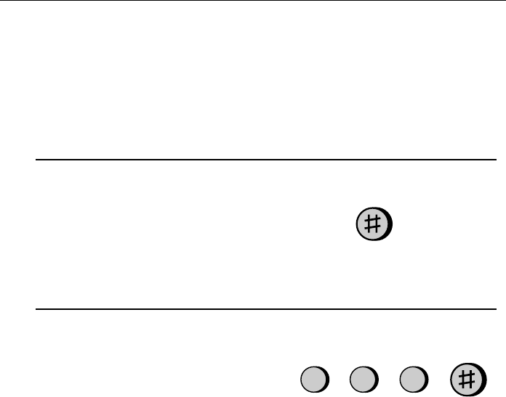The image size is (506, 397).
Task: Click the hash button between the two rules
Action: [x=374, y=224]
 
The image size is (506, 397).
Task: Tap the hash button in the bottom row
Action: [x=468, y=380]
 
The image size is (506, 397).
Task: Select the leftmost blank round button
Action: [x=315, y=380]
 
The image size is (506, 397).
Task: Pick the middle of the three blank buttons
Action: [x=364, y=380]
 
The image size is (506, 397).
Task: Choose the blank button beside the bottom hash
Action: [x=414, y=380]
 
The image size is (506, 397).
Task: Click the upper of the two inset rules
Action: [x=266, y=160]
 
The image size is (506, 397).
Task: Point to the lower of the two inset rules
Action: [x=266, y=309]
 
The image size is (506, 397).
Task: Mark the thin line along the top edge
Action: [x=253, y=0]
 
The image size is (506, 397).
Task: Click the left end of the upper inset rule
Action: [x=36, y=160]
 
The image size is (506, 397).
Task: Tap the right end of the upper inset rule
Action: [x=497, y=160]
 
